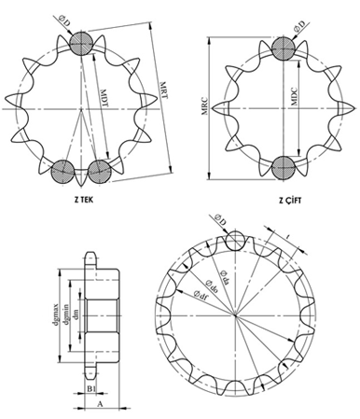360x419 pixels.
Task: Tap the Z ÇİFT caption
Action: pyautogui.click(x=291, y=199)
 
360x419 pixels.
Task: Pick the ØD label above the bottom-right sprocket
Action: pyautogui.click(x=221, y=219)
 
